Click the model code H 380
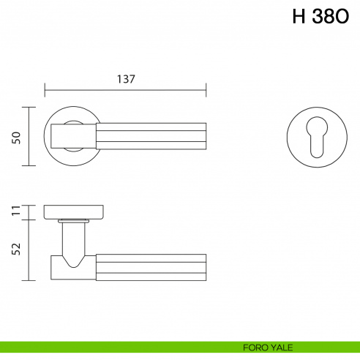tap(320, 18)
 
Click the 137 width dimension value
tap(126, 79)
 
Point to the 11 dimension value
tap(16, 212)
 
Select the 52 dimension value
tap(16, 250)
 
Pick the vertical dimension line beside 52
tap(29, 250)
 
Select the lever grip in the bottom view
tap(150, 266)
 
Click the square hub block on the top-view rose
tap(73, 135)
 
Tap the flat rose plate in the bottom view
tap(74, 212)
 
